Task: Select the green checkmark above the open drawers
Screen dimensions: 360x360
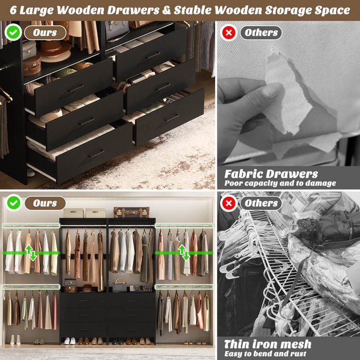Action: (12, 32)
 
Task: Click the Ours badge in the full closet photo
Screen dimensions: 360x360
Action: (45, 203)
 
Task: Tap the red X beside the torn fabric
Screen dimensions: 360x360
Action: (228, 32)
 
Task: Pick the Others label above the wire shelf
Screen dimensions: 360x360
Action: (261, 203)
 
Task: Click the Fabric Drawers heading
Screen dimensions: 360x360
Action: (271, 174)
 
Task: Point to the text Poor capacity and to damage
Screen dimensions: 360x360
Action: (280, 183)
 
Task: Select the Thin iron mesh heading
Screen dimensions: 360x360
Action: (267, 344)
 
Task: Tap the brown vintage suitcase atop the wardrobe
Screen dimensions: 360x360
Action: (131, 212)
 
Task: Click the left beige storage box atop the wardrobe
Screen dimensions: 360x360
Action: (73, 212)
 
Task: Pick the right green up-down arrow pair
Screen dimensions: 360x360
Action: (183, 252)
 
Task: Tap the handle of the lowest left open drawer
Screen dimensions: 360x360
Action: (96, 154)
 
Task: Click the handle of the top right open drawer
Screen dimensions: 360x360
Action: (153, 55)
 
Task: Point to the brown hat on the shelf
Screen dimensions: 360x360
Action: (56, 49)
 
